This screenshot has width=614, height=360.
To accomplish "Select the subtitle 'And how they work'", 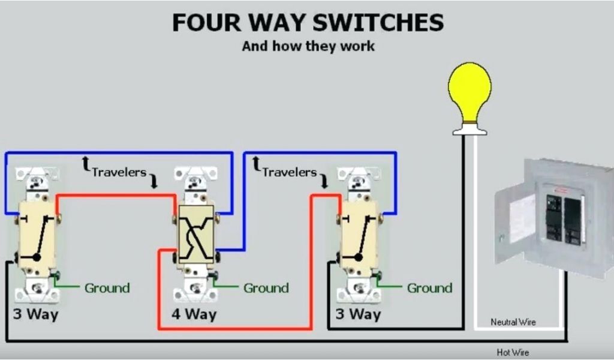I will (x=308, y=46).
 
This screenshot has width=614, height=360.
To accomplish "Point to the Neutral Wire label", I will (x=513, y=322).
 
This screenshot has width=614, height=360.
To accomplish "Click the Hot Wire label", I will (x=513, y=352).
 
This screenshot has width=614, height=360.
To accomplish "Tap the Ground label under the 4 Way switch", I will (x=266, y=288).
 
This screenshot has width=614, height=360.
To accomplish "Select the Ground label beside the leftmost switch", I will (x=107, y=288).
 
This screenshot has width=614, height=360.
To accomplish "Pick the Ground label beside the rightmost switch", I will (x=429, y=288).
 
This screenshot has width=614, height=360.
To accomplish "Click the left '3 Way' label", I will (x=36, y=314).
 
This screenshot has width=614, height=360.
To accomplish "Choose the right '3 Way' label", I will (x=358, y=314).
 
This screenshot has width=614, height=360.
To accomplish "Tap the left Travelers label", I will (x=119, y=172).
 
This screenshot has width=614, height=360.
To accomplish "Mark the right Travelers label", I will (x=289, y=172).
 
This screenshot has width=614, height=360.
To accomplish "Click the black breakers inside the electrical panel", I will (x=563, y=220).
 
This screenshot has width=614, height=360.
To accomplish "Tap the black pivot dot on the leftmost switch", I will (x=37, y=257).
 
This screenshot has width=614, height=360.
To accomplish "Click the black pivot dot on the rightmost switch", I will (x=358, y=257).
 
